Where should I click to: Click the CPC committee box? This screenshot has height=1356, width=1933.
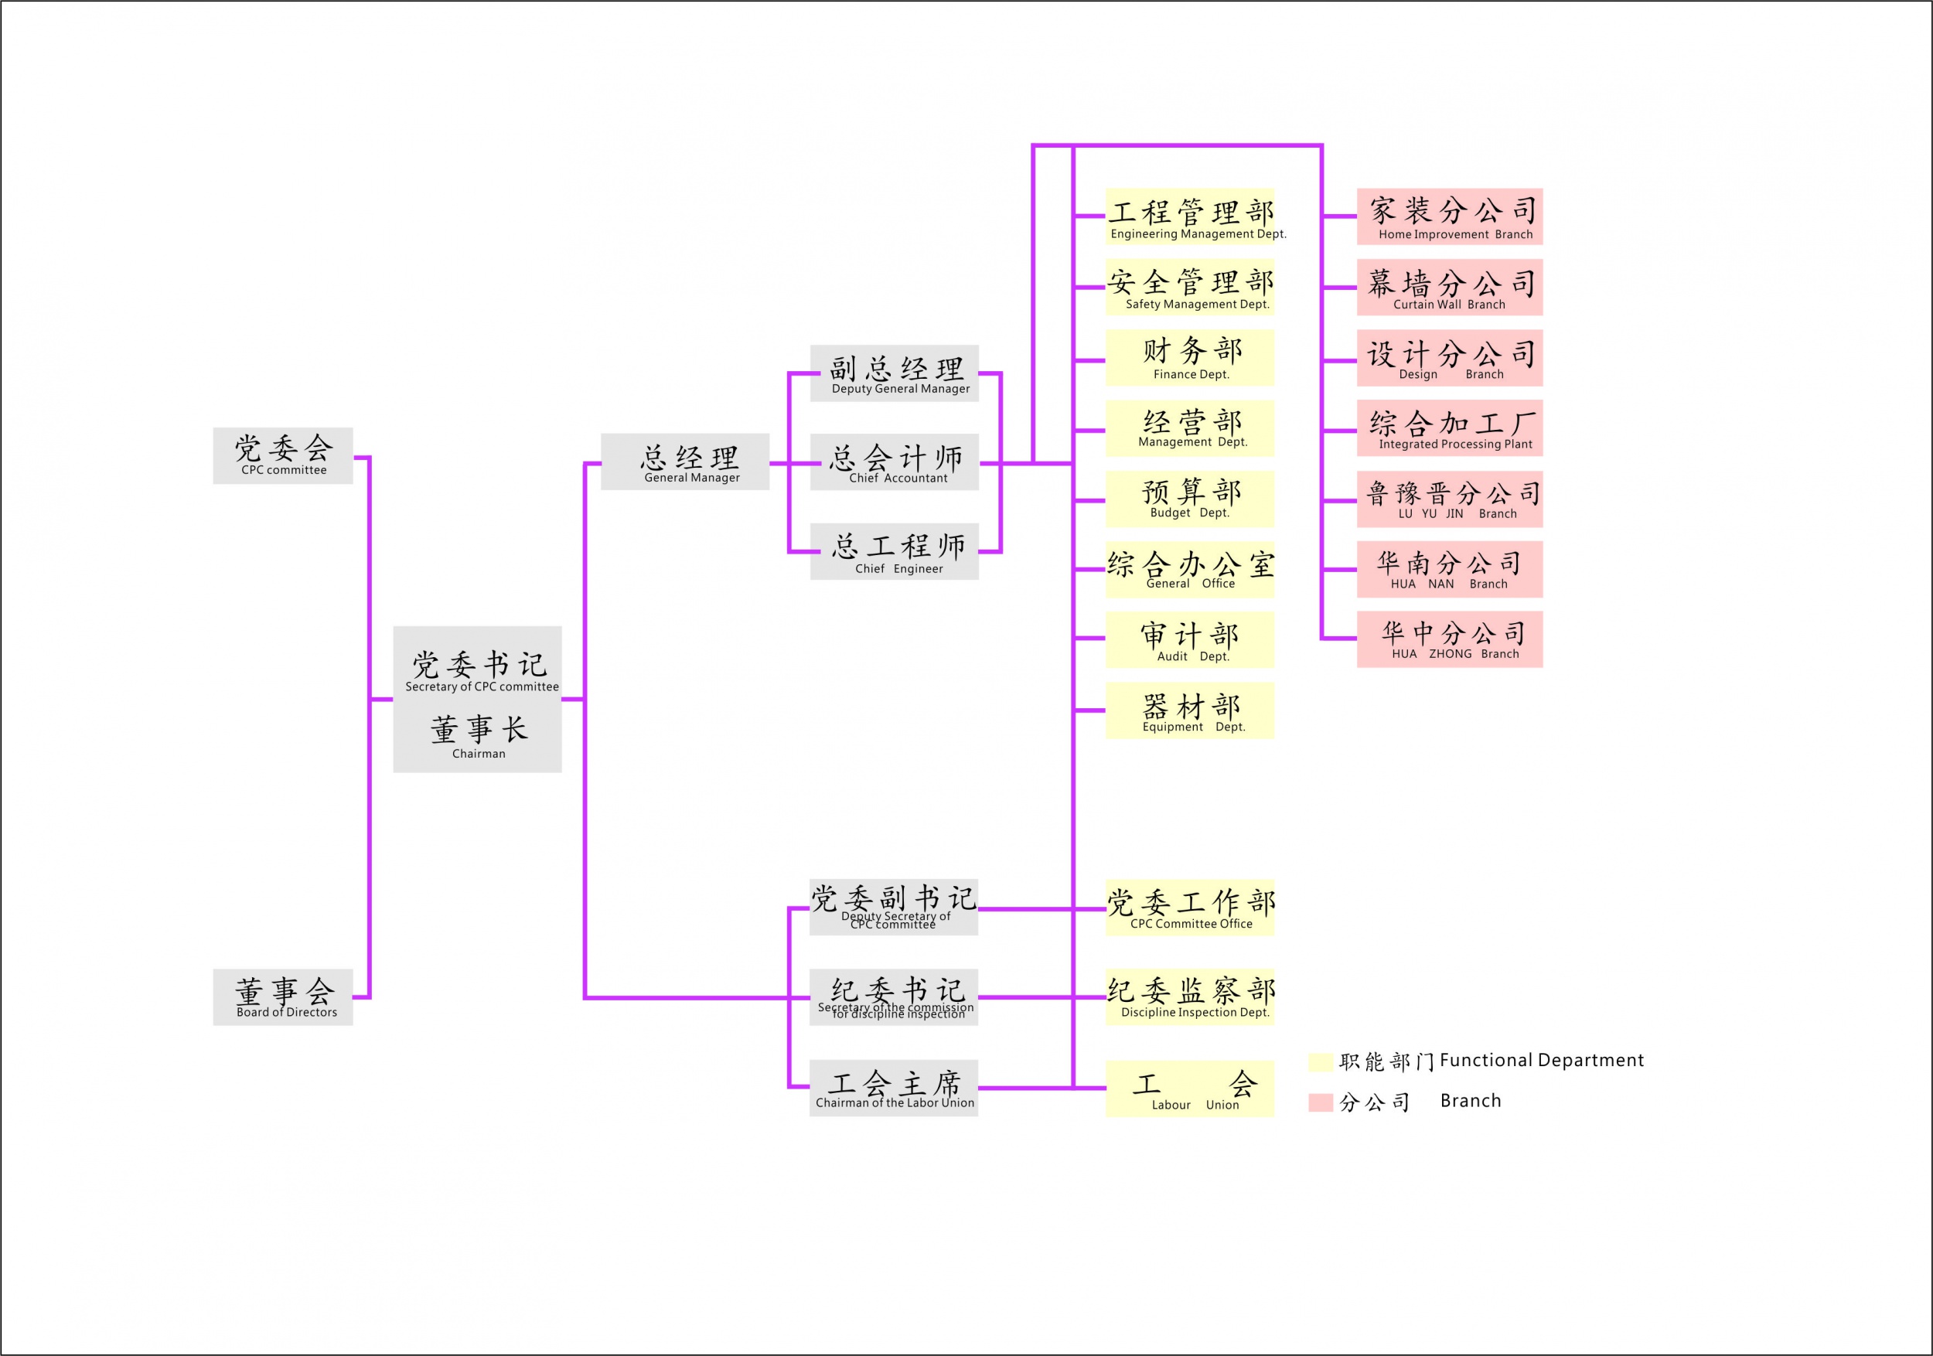coord(283,455)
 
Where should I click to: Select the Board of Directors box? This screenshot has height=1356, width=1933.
coord(283,997)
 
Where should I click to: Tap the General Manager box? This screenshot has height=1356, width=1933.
coord(684,462)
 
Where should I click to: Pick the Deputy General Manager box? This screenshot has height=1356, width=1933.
coord(894,373)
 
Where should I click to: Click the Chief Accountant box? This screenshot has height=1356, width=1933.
coord(894,462)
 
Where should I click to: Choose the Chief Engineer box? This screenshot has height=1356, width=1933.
coord(894,551)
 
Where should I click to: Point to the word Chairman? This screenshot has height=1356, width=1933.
coord(478,753)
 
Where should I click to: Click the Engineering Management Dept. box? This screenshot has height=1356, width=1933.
coord(1190,216)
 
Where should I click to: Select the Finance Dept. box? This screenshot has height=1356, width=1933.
coord(1190,358)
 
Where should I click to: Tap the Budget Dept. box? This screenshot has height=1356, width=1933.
coord(1190,499)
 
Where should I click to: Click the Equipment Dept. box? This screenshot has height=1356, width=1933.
coord(1190,710)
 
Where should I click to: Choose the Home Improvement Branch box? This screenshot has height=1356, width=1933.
coord(1449,216)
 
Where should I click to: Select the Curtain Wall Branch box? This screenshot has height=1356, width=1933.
coord(1449,287)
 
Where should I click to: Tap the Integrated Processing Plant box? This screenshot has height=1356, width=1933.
coord(1449,428)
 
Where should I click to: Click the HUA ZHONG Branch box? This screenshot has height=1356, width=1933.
coord(1449,639)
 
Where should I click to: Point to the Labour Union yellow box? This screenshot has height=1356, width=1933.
coord(1190,1089)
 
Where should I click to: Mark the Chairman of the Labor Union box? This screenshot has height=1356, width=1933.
coord(893,1089)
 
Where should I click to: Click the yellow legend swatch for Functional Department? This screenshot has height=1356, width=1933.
coord(1320,1061)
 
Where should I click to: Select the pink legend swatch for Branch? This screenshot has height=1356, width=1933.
coord(1320,1102)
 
